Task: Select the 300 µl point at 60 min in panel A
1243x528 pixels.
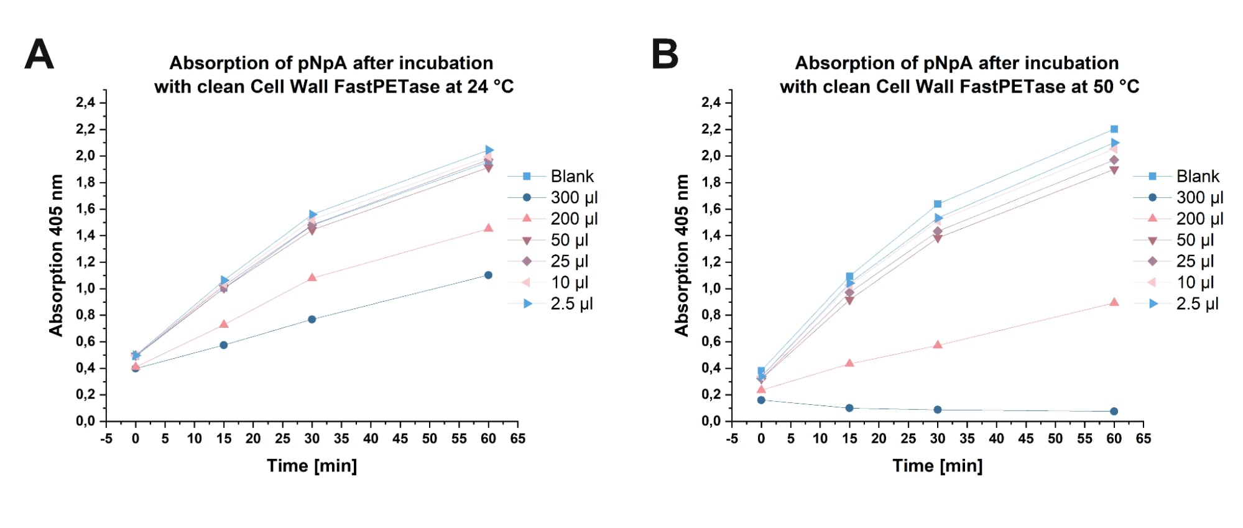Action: point(488,275)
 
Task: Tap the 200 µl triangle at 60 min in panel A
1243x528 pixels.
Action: point(488,228)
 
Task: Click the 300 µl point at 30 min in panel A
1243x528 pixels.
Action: point(312,319)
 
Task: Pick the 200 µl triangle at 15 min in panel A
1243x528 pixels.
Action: point(224,324)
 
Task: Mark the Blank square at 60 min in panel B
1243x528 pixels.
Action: point(1114,129)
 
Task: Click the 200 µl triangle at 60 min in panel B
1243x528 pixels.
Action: point(1114,302)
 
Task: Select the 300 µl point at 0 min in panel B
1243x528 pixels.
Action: point(761,400)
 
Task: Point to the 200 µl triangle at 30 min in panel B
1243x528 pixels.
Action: point(938,345)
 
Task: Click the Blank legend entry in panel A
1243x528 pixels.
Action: point(571,177)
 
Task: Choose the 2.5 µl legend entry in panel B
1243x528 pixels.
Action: point(1196,304)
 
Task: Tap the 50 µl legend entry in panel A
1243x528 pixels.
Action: point(569,240)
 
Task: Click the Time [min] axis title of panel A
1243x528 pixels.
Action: point(312,466)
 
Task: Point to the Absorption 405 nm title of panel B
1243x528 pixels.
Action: point(682,255)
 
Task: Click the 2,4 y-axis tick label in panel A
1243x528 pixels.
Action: point(86,103)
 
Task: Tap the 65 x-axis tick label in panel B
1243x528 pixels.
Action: point(1143,439)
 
